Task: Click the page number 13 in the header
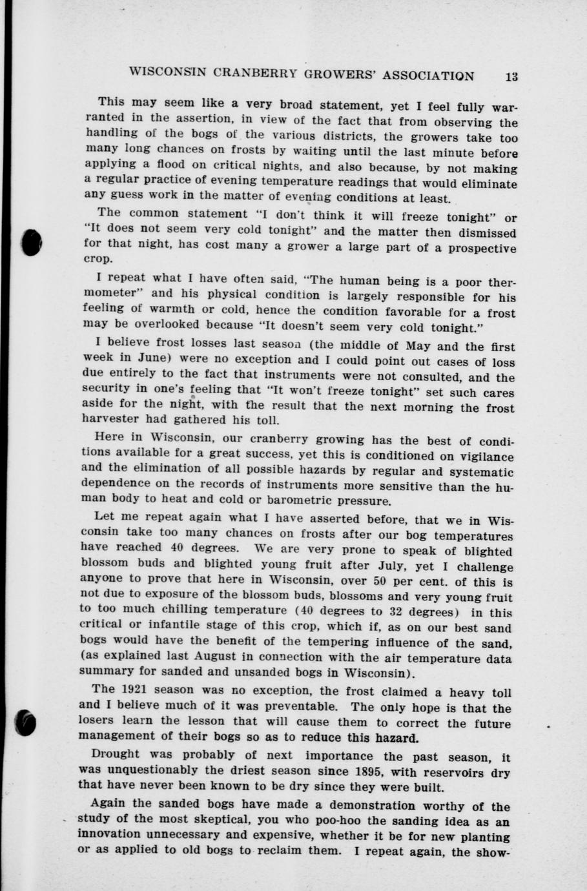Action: click(x=512, y=77)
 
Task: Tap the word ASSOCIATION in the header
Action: click(x=428, y=76)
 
